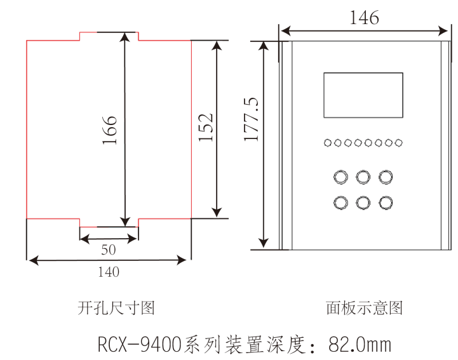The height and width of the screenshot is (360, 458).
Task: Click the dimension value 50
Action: tap(109, 250)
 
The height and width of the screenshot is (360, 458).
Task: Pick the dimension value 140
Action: tap(109, 272)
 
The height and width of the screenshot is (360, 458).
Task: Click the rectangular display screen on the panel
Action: tap(363, 95)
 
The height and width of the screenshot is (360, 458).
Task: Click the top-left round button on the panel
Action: tap(340, 177)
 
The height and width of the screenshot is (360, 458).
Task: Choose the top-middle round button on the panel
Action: tap(363, 177)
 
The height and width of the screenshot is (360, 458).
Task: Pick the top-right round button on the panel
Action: tap(386, 177)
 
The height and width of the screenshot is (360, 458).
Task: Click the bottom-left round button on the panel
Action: tap(340, 203)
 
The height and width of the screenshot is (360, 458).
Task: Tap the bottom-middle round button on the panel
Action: tap(363, 203)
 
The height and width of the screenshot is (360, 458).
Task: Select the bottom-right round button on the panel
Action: tap(386, 203)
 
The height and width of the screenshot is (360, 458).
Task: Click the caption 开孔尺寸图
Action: tap(116, 309)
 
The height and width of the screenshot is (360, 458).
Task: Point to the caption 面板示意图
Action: tap(365, 309)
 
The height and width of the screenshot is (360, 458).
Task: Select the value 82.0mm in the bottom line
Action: tap(360, 345)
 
